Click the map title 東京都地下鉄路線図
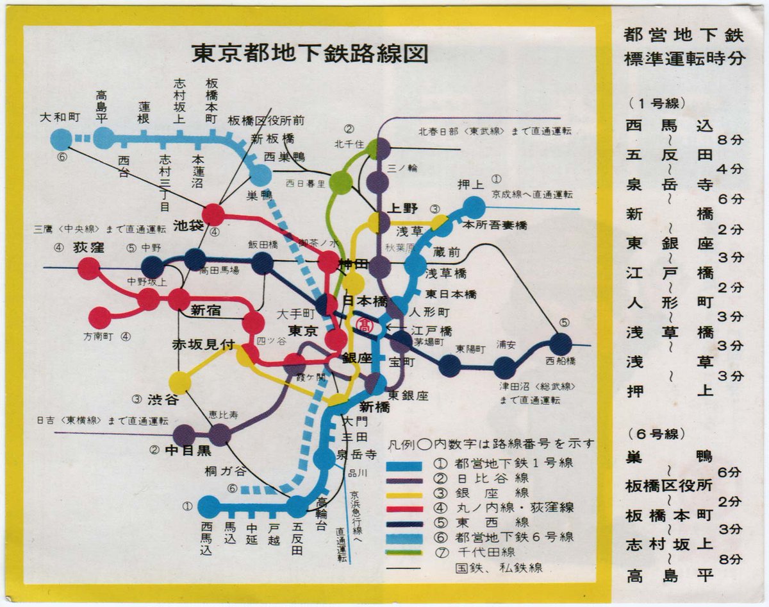[310, 53]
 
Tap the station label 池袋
[188, 225]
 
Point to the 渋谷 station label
[164, 399]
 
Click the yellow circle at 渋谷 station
[180, 383]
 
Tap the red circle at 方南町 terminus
[99, 318]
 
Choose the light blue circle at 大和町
[60, 139]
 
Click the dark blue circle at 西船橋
[560, 344]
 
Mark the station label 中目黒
[189, 450]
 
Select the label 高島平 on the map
[103, 105]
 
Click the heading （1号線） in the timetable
[657, 103]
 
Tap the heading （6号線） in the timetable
[657, 434]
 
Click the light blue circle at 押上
[474, 207]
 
